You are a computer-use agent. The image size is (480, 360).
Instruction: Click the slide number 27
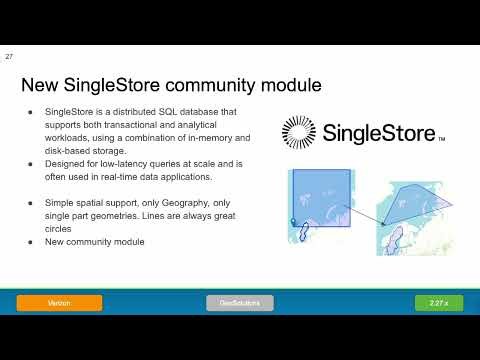pos(9,57)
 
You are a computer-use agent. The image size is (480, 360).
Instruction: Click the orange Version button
pos(58,302)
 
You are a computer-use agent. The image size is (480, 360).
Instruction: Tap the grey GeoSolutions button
pos(240,302)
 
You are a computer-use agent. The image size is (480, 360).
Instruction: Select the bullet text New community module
pos(95,241)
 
